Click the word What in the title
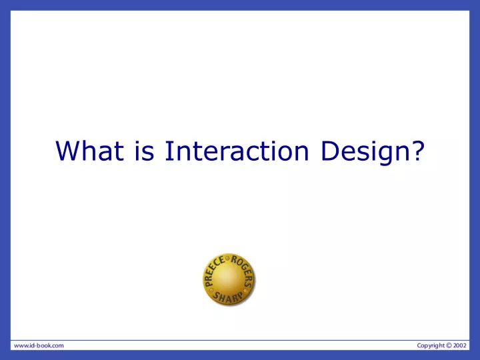pos(90,151)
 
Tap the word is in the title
pos(144,151)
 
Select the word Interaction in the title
pos(237,151)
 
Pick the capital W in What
pos(69,151)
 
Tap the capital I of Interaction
pos(167,151)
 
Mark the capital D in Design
pos(330,151)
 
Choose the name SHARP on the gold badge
pos(228,297)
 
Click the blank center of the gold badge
pos(229,278)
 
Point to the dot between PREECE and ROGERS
pos(227,259)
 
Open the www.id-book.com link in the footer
pos(39,345)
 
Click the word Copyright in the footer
pos(431,345)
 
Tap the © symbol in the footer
pos(449,345)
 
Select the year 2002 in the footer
pos(460,345)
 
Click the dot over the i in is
pos(137,143)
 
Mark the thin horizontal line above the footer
pos(240,340)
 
